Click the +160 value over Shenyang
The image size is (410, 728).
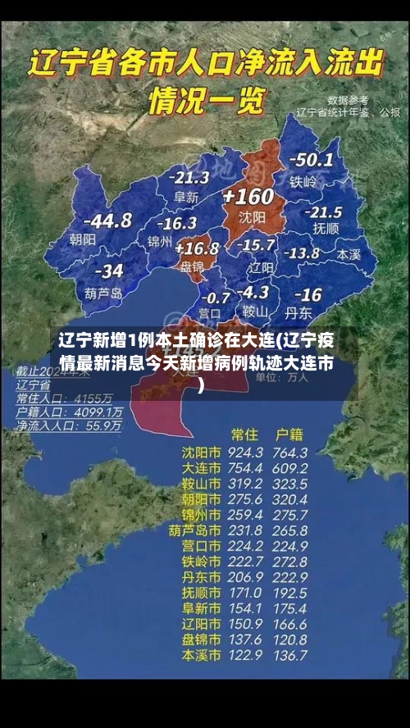(248, 196)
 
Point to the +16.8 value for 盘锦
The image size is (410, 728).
(197, 248)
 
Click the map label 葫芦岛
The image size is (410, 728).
(103, 292)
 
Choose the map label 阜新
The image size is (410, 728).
(187, 197)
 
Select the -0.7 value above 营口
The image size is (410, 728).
(215, 297)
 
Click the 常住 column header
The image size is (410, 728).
(245, 434)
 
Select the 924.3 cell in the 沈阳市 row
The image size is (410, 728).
(245, 453)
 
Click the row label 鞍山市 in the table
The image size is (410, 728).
(201, 484)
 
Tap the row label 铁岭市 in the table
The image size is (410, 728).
(201, 562)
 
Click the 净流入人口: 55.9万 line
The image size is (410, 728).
(70, 426)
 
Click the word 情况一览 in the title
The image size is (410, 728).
(206, 102)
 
